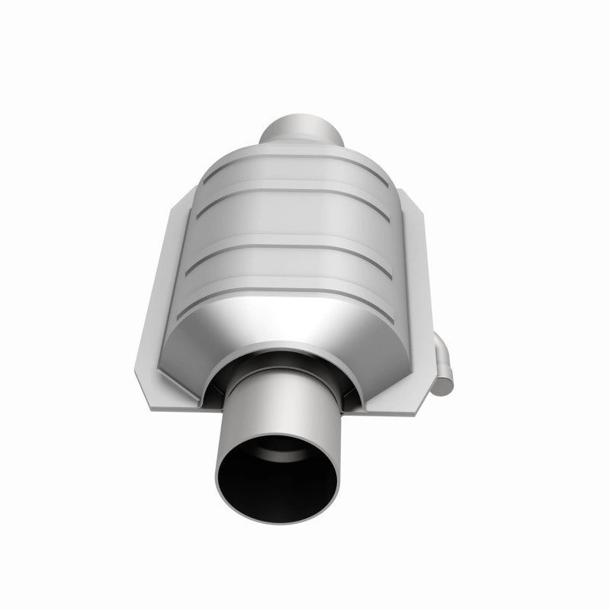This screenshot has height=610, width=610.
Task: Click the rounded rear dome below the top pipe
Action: point(300,156)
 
